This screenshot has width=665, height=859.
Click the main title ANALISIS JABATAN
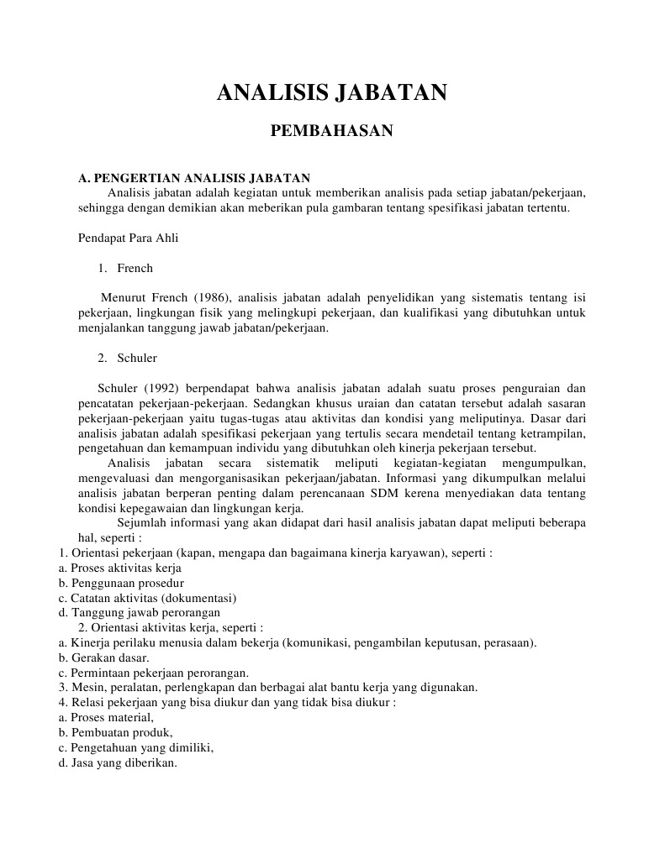[x=332, y=92]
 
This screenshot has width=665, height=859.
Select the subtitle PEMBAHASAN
[x=331, y=131]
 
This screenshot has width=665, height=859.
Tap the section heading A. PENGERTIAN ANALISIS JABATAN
[x=194, y=178]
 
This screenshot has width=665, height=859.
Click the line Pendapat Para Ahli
[x=128, y=238]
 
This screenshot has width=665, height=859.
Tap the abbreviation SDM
[x=384, y=493]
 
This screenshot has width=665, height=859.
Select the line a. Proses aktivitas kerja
[x=121, y=568]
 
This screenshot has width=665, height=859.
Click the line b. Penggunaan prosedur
[x=121, y=583]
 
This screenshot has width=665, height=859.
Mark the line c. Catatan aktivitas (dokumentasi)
[x=147, y=598]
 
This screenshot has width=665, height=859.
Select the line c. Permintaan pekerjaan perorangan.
[x=153, y=673]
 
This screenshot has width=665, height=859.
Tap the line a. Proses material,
[x=106, y=717]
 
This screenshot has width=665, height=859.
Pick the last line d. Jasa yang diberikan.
[x=118, y=762]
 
